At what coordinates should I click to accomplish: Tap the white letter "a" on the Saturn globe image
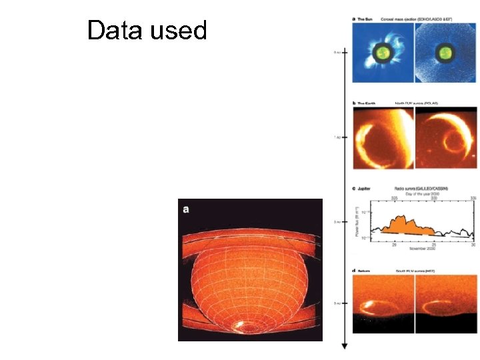(187, 209)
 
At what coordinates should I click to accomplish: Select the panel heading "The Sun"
(365, 19)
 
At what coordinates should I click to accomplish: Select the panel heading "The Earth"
(366, 103)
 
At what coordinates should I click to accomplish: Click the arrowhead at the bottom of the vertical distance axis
(344, 346)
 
